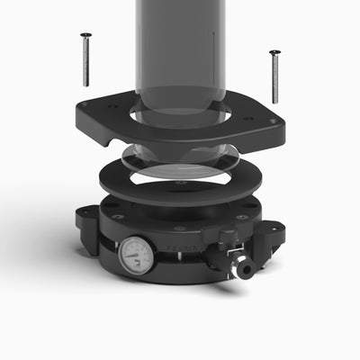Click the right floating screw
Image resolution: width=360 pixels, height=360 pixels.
(274, 76)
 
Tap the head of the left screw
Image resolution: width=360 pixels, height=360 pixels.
(85, 35)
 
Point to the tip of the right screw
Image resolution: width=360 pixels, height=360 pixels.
(275, 102)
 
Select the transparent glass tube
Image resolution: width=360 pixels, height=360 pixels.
(177, 45)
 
